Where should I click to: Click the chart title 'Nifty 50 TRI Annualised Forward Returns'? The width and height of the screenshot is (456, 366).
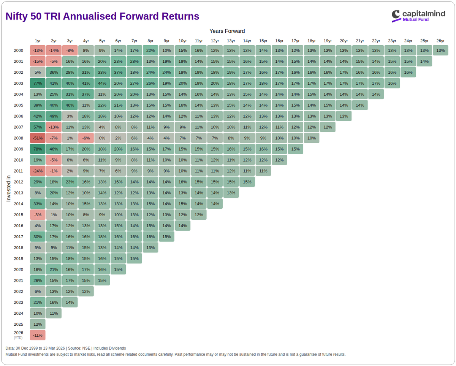102,16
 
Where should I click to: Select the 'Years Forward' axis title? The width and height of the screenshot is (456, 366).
227,31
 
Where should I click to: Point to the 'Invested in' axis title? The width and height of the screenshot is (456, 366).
8,188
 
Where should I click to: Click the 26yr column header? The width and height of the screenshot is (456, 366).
440,41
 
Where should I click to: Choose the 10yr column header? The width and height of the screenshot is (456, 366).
182,41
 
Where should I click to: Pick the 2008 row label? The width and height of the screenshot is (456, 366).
19,138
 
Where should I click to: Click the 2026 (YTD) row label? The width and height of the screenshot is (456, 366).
19,335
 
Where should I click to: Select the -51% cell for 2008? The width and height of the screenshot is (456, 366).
38,138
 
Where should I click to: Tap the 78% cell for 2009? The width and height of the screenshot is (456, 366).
38,149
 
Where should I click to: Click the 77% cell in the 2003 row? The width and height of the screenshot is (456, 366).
38,83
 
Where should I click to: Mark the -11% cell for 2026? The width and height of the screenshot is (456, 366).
38,335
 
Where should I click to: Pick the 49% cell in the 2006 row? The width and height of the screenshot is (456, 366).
54,116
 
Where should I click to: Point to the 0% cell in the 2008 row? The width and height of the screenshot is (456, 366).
102,138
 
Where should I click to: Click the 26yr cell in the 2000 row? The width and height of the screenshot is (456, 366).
440,51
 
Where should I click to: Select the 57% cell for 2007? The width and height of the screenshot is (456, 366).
38,127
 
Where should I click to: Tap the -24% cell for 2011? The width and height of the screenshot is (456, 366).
38,171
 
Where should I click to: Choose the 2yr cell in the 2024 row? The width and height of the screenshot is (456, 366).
54,313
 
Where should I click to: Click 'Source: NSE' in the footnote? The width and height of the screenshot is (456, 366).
79,348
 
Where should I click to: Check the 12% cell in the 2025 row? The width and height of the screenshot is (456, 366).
38,324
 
